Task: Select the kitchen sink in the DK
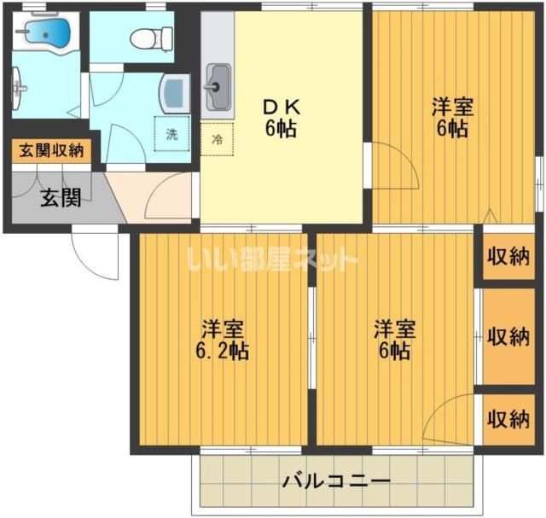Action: (x=216, y=87)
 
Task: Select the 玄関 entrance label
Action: (x=61, y=198)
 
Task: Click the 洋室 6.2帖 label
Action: (x=223, y=339)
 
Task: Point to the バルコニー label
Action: (x=336, y=481)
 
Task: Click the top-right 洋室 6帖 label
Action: (x=450, y=119)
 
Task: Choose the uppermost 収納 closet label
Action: (x=508, y=257)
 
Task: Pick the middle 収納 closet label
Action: (x=508, y=335)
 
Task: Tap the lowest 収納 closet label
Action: (x=508, y=418)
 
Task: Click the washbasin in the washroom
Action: (x=175, y=90)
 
